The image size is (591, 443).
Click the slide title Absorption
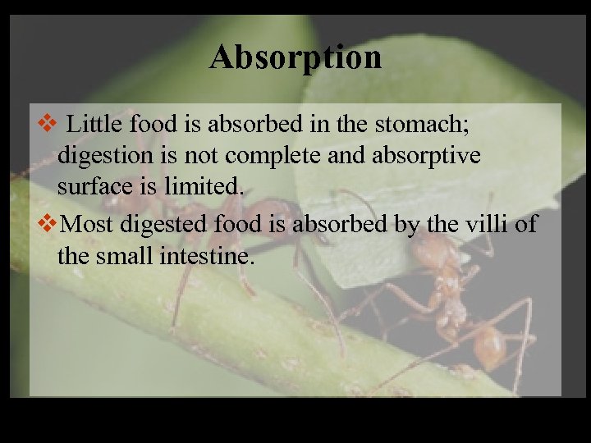295,57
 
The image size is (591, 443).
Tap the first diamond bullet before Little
48,126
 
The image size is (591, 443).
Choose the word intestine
215,256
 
